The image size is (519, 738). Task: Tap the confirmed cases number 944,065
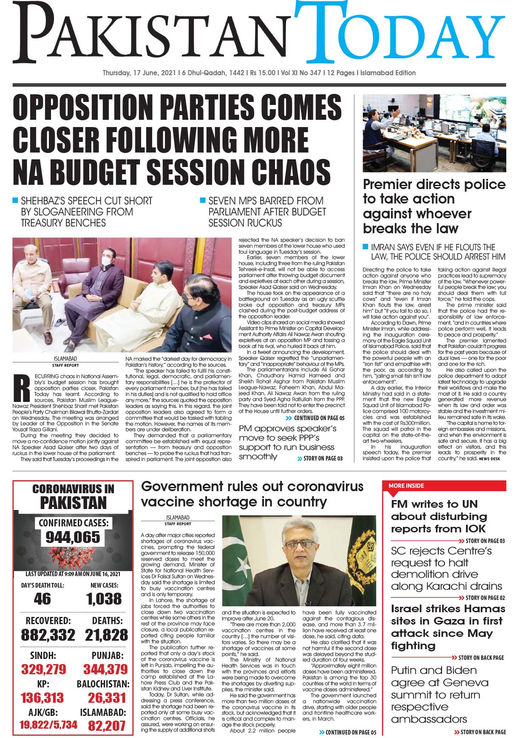(x=73, y=537)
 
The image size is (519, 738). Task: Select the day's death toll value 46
(x=42, y=599)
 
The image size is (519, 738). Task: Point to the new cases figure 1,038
(x=104, y=599)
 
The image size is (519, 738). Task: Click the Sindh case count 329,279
(x=44, y=669)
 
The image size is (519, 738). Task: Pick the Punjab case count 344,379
(x=105, y=669)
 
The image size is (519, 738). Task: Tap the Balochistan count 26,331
(x=107, y=698)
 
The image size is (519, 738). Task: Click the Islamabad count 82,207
(x=107, y=725)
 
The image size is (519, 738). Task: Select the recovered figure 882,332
(x=48, y=635)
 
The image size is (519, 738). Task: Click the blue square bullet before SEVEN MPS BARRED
(x=203, y=200)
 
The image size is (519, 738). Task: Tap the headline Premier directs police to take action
(x=434, y=206)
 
